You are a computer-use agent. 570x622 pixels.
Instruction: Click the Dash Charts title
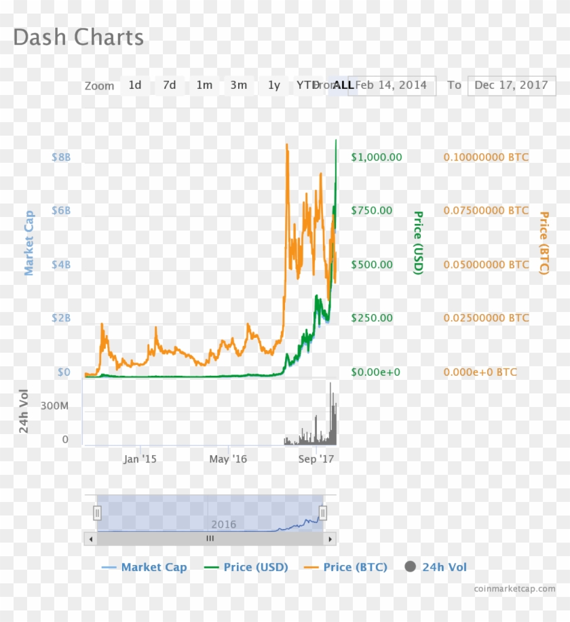pos(78,37)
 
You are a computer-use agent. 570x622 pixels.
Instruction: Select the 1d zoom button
pos(135,85)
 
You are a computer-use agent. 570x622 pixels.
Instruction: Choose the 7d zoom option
pos(169,85)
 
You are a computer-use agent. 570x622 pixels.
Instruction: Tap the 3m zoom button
pos(238,85)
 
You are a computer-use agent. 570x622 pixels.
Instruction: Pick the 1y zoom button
pos(273,85)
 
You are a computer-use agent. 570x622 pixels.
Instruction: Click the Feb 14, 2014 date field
pos(392,85)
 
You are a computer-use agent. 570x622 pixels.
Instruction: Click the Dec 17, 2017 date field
pos(511,85)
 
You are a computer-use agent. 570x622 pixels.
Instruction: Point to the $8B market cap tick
pos(61,157)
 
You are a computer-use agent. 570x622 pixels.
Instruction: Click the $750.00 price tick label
pos(372,211)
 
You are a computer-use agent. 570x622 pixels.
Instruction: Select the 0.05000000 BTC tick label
pos(486,265)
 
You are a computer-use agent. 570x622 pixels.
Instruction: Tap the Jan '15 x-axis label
pos(140,459)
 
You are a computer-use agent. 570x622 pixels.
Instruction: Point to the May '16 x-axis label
pos(228,459)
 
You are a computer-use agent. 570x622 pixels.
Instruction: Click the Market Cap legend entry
pos(144,567)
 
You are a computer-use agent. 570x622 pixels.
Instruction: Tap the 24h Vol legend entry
pos(436,567)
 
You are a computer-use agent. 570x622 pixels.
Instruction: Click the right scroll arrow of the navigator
pos(330,539)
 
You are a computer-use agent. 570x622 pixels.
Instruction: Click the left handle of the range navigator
pos(97,513)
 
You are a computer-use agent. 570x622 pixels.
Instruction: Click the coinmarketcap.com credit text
pos(514,589)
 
